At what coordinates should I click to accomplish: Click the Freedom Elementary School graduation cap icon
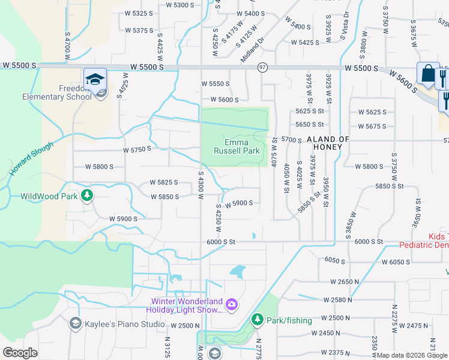coord(95,79)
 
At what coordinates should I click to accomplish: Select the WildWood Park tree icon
coord(87,195)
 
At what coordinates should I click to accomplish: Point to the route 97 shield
coord(262,67)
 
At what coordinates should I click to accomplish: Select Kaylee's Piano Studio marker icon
coord(75,324)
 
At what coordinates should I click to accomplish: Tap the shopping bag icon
coord(428,74)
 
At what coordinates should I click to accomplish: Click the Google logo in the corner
coord(20,353)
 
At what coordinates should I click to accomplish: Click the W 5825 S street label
coord(164,182)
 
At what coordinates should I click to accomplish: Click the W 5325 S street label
coord(134,13)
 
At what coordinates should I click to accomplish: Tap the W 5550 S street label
coord(215,84)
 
